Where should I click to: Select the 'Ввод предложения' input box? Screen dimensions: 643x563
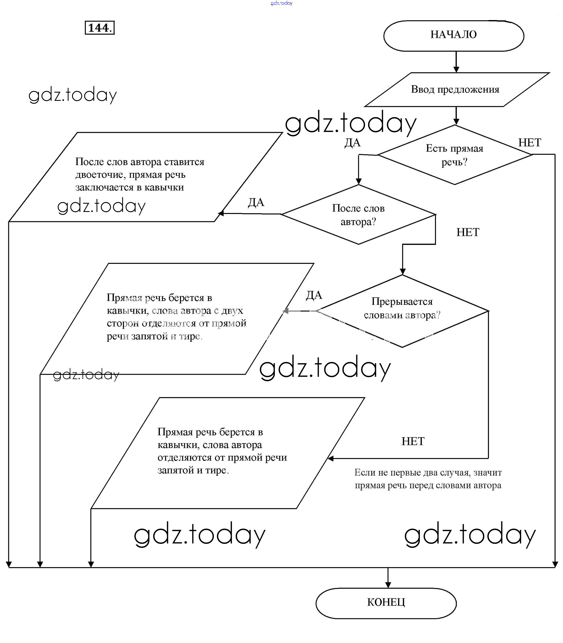455,90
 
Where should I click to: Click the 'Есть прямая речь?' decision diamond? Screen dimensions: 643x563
454,155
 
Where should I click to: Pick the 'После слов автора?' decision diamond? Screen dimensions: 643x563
358,215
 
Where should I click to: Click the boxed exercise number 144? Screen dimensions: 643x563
99,28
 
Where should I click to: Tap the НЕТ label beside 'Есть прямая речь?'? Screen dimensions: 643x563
529,143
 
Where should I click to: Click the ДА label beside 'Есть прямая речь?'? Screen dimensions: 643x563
352,143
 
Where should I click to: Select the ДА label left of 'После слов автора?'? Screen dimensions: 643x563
256,202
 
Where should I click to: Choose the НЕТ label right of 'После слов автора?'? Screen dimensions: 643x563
467,232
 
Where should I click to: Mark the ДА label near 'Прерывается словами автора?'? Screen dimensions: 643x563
314,295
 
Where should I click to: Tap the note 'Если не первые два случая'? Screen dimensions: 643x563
428,472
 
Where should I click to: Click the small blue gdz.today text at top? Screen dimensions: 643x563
281,3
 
